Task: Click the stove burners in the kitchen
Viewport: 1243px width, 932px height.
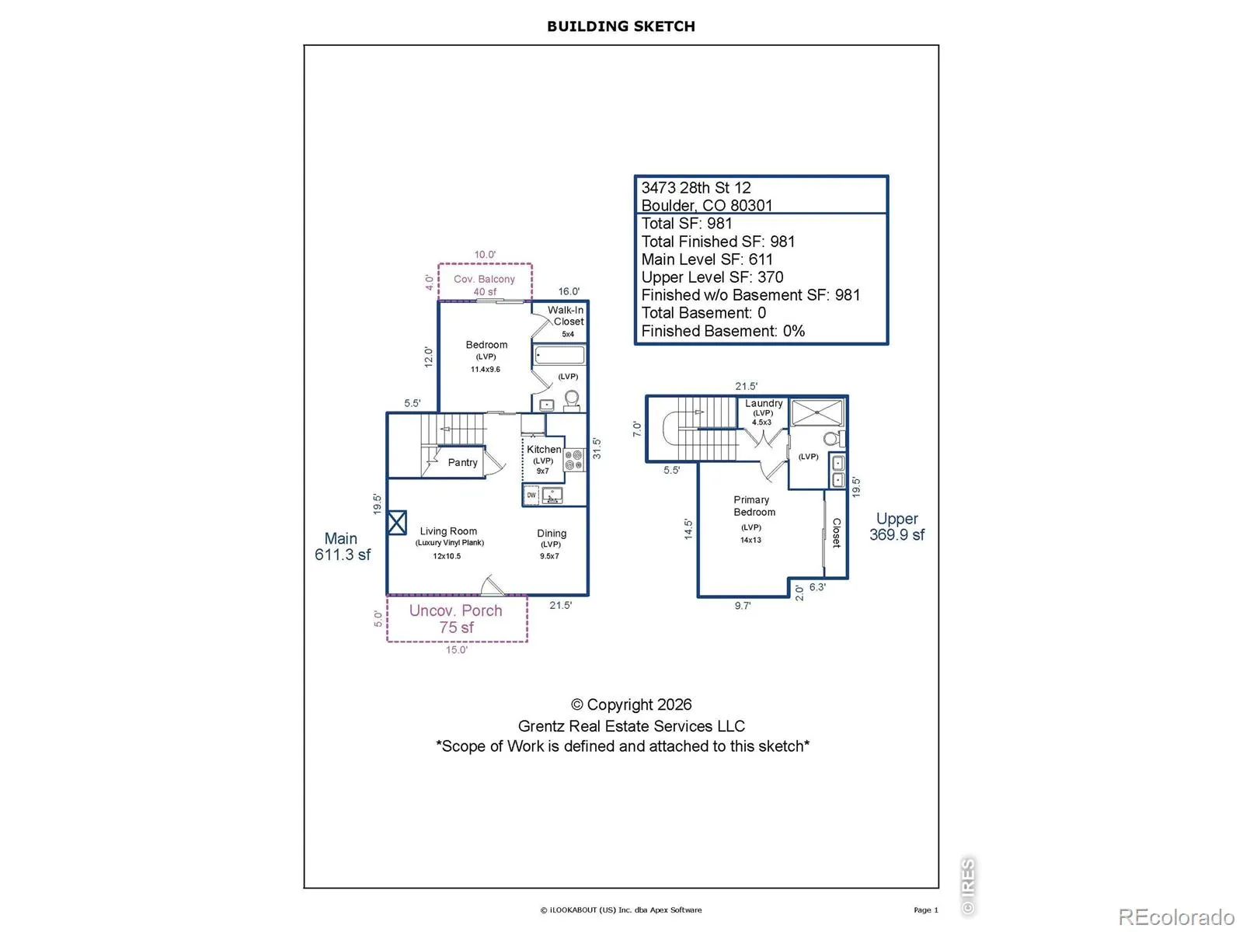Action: (x=574, y=460)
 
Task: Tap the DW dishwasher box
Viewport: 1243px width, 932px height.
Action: (x=531, y=495)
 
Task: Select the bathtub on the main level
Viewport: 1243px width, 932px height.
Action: (x=559, y=356)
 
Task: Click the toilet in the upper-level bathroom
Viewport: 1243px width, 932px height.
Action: (x=830, y=439)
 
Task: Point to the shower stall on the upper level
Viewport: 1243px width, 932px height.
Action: (x=817, y=412)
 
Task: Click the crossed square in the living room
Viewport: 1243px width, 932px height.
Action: (x=396, y=523)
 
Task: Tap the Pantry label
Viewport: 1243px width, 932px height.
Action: (x=462, y=462)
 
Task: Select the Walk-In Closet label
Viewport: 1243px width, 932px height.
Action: (x=566, y=315)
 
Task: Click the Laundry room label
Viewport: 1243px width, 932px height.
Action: (x=764, y=403)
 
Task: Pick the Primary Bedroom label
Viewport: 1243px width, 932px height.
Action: (x=754, y=506)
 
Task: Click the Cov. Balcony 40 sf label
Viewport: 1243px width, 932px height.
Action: (x=485, y=285)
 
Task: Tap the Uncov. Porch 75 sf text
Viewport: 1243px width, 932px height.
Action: (x=456, y=619)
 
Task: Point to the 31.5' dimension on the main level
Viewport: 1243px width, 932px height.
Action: (x=597, y=448)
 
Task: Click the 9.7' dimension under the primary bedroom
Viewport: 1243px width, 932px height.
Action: (x=743, y=606)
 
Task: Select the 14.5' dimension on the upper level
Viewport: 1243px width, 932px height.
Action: (x=688, y=529)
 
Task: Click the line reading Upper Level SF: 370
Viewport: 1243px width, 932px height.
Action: (x=712, y=277)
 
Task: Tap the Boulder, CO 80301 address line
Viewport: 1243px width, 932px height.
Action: (x=707, y=205)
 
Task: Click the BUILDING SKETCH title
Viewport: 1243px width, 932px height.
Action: (x=621, y=26)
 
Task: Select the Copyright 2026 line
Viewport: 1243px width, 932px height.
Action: (x=632, y=704)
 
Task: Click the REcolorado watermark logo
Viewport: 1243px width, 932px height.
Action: (x=1176, y=917)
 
